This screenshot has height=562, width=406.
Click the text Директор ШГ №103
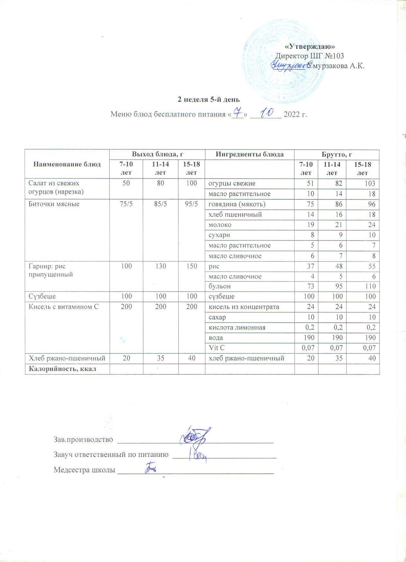(x=310, y=56)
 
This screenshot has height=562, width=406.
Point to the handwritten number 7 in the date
(x=238, y=112)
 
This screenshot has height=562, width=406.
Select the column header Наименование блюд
(x=67, y=164)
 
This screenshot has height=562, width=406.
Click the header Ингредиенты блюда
(x=249, y=154)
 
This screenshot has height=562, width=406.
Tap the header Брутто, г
(x=337, y=154)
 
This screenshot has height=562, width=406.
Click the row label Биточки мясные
(x=49, y=204)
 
